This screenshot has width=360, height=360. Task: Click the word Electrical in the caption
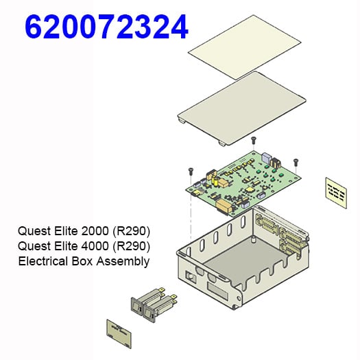click(x=43, y=261)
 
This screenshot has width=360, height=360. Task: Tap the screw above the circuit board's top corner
click(x=254, y=140)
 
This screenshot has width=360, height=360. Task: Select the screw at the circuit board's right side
click(x=296, y=162)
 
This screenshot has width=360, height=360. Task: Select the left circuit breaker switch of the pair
click(x=142, y=308)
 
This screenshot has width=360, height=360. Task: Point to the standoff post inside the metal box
click(x=254, y=241)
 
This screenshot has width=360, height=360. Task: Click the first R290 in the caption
click(x=134, y=230)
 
